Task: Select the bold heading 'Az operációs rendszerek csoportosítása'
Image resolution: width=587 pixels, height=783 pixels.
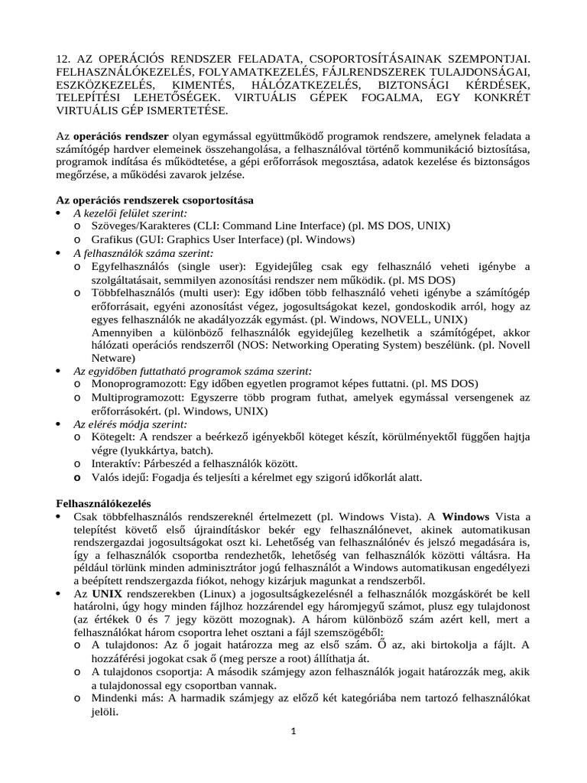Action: click(156, 200)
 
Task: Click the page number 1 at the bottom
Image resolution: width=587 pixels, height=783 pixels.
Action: click(293, 732)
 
